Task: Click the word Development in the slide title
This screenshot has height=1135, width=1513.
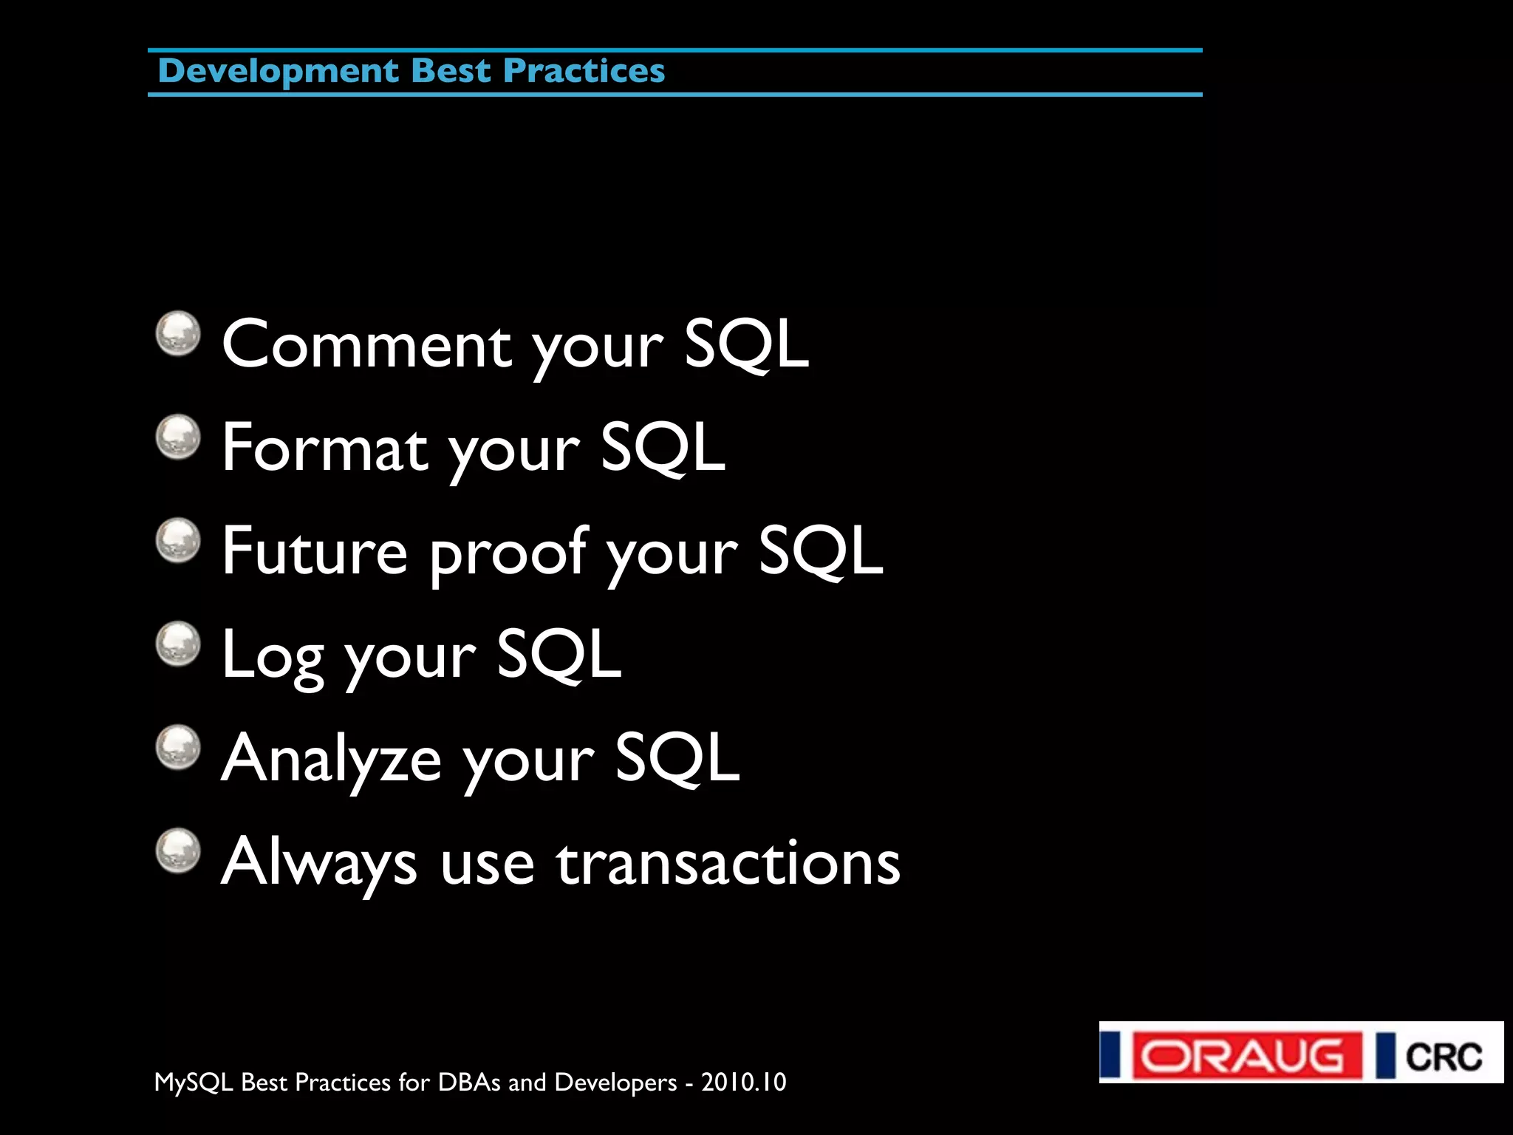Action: [x=278, y=72]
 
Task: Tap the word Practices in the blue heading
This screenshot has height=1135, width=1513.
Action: [x=584, y=72]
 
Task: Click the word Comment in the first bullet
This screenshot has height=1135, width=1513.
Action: [x=367, y=344]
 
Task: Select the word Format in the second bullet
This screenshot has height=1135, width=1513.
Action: [x=325, y=448]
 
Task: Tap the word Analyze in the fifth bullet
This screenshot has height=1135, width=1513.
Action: [x=332, y=759]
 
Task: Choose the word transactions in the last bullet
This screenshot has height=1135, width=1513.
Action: [x=728, y=862]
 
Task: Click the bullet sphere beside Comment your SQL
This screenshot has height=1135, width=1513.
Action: [x=178, y=333]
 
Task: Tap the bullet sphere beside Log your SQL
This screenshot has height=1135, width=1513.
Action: [x=178, y=644]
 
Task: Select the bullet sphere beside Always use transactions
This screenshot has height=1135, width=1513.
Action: [x=178, y=851]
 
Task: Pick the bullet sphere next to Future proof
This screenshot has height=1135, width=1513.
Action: [x=178, y=540]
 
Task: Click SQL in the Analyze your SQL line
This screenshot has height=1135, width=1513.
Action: [x=677, y=757]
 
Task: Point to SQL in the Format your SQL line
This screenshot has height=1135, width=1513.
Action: [x=662, y=447]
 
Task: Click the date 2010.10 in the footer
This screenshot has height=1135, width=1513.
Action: [x=743, y=1082]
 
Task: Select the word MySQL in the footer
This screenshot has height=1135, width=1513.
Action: [x=194, y=1083]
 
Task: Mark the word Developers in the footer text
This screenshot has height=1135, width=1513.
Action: [x=615, y=1083]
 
